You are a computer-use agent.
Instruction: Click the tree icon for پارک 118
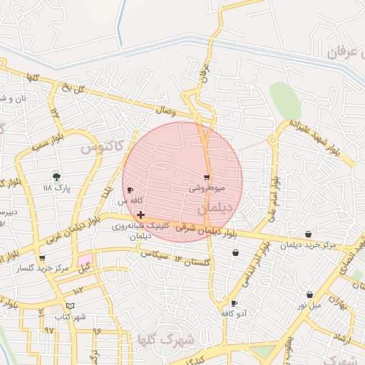pos(57,176)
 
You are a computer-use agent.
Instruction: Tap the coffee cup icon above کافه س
pos(129,190)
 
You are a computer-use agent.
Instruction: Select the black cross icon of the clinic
pos(140,215)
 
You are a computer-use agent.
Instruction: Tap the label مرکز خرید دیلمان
pos(307,246)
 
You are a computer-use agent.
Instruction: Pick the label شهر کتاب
pos(71,316)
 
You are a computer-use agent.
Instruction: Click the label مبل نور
pos(310,305)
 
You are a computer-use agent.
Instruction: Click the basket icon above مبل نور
pos(310,294)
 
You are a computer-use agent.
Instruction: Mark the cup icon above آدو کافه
pos(234,303)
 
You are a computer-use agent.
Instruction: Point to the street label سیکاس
pos(153,254)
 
